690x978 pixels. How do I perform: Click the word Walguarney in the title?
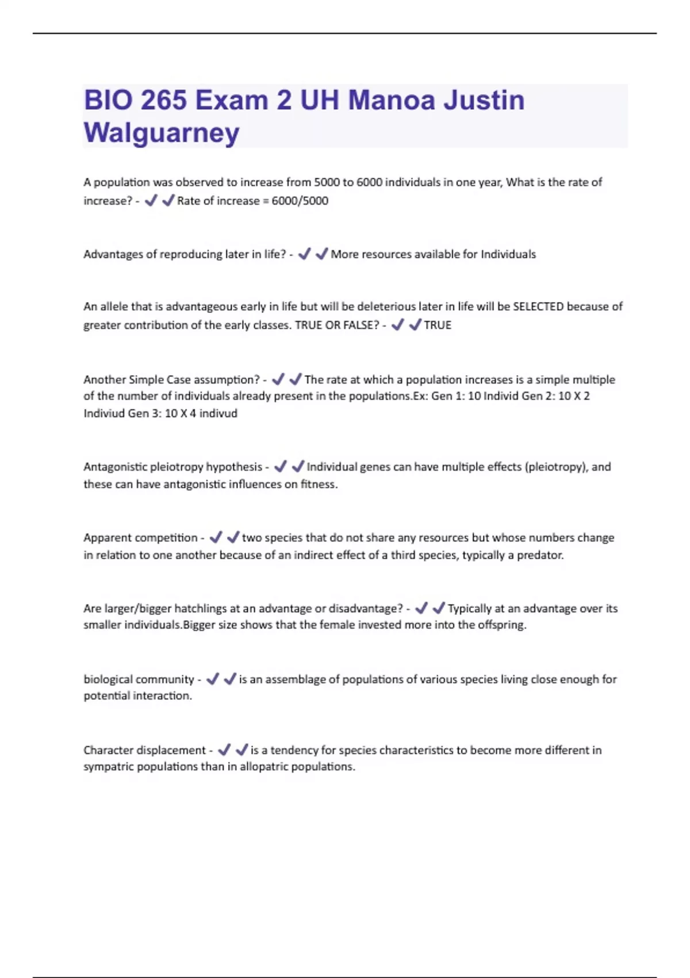click(x=162, y=133)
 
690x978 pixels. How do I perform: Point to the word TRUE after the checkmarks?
click(x=438, y=325)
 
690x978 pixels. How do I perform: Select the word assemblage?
click(x=295, y=679)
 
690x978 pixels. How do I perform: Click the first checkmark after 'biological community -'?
click(x=212, y=679)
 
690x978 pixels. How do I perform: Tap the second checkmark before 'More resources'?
click(x=321, y=254)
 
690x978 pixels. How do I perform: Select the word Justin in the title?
click(x=484, y=100)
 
